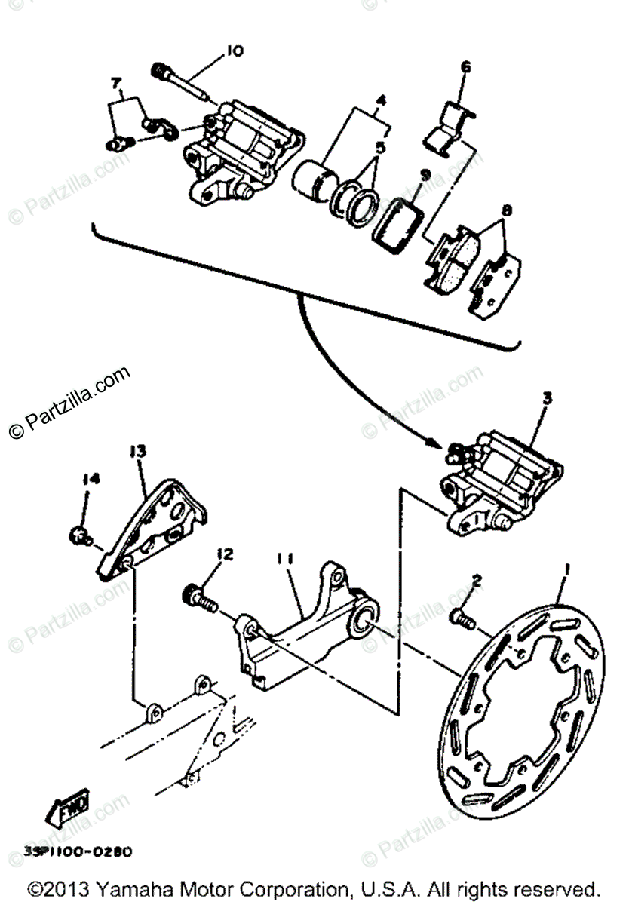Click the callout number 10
[x=233, y=51]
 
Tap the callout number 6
[x=465, y=67]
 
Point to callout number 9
[x=425, y=175]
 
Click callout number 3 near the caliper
[x=547, y=397]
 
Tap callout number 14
[x=91, y=478]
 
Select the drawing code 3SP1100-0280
[x=78, y=851]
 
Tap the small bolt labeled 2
[x=461, y=618]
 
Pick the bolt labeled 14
[x=77, y=536]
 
